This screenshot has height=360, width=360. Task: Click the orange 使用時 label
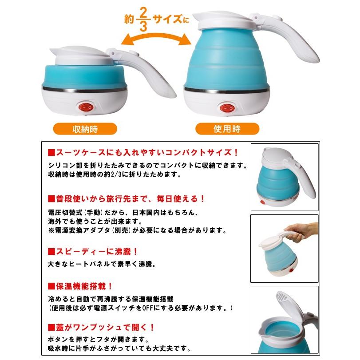tap(226, 130)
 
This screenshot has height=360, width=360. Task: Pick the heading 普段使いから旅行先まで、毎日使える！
tap(127, 198)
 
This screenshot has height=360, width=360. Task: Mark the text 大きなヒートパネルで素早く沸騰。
tap(101, 264)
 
